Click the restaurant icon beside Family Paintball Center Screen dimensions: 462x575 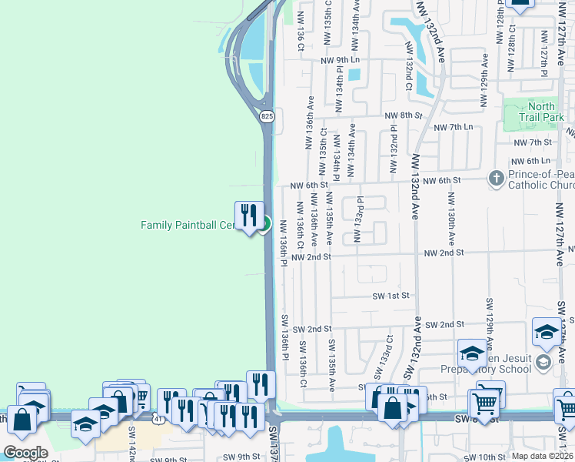(x=248, y=215)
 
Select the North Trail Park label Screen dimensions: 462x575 (x=541, y=112)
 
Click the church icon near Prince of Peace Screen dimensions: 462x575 (x=497, y=179)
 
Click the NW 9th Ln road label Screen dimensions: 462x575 (x=340, y=59)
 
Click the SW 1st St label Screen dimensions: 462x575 (x=391, y=295)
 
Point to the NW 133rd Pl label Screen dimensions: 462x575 (x=357, y=219)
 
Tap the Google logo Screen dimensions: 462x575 (x=25, y=452)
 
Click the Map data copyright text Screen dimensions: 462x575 (x=542, y=456)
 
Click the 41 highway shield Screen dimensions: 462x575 (x=156, y=418)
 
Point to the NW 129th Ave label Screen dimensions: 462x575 (x=484, y=82)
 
